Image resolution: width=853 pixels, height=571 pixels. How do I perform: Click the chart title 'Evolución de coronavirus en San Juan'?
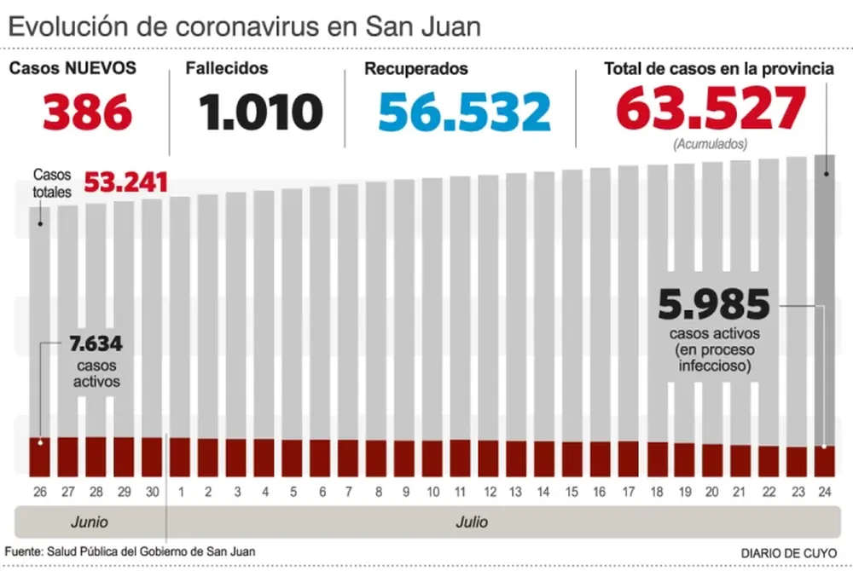244,26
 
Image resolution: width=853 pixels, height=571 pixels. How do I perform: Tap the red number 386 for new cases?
87,111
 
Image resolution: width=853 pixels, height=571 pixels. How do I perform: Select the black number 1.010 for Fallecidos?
261,111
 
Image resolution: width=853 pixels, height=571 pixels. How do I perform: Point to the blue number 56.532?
465,112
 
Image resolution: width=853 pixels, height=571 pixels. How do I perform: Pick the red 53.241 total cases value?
125,183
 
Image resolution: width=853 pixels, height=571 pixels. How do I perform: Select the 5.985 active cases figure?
714,304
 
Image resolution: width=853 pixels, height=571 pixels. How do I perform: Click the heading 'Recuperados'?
415,69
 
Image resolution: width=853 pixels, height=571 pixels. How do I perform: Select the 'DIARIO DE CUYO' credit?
789,552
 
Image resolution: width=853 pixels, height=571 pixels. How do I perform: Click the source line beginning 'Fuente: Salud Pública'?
130,551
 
